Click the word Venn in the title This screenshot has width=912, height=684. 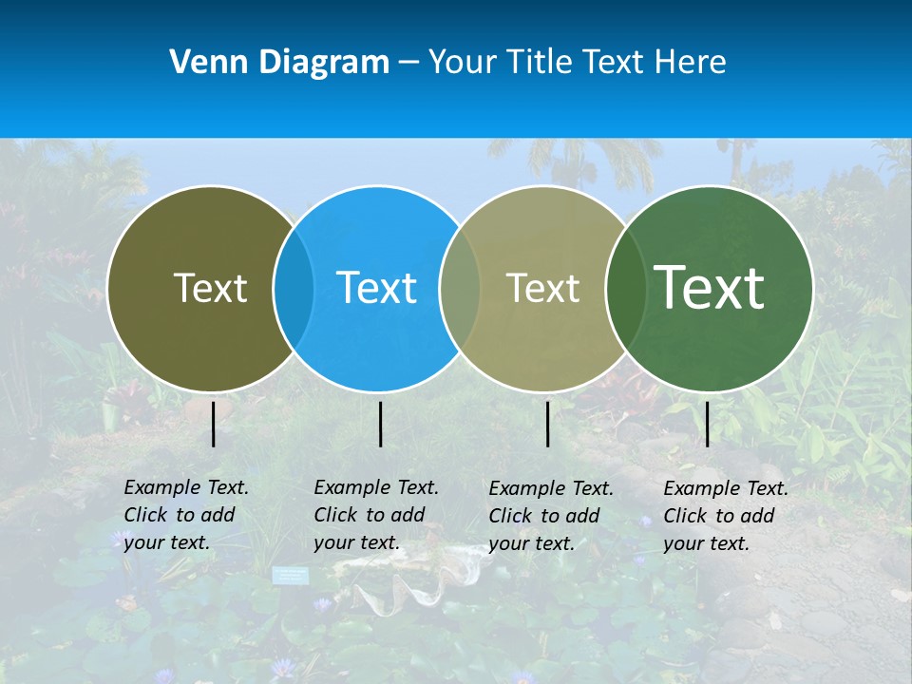(201, 63)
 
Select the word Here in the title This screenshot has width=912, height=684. (692, 63)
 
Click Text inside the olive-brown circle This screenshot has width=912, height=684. (210, 288)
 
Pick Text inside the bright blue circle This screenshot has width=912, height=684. (377, 288)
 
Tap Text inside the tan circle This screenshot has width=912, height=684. (543, 288)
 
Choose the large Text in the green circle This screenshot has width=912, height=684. (710, 287)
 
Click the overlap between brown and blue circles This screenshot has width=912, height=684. (294, 289)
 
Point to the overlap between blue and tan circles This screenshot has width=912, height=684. (461, 289)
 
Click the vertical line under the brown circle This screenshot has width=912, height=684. (214, 424)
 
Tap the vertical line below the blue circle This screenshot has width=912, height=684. (380, 424)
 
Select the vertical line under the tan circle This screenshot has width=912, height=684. (548, 424)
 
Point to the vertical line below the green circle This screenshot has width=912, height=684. (707, 424)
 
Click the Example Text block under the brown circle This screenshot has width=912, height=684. (185, 515)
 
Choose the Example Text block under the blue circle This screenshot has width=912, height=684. (375, 515)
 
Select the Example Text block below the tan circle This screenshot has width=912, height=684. (550, 516)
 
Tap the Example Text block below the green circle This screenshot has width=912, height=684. (725, 516)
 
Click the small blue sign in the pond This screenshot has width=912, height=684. (291, 575)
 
